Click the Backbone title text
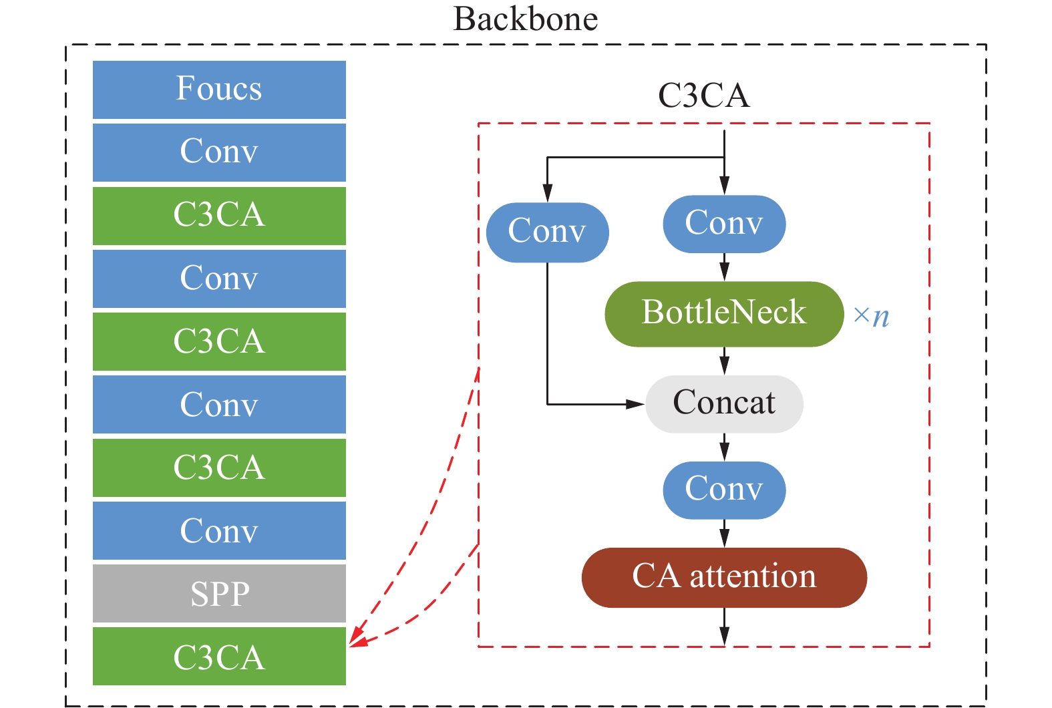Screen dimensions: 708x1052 click(x=525, y=19)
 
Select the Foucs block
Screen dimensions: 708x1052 click(x=219, y=90)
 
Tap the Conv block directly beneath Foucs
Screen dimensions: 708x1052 click(x=219, y=152)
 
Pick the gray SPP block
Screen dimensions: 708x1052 click(x=219, y=593)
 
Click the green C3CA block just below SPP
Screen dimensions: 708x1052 click(x=219, y=656)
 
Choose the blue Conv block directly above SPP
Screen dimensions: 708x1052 click(x=219, y=530)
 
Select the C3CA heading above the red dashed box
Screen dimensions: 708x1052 click(x=703, y=96)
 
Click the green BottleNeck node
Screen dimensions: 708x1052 click(x=724, y=313)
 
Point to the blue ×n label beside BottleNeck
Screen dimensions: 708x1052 click(x=871, y=315)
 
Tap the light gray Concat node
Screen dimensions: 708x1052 click(x=724, y=403)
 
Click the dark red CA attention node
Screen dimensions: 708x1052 click(x=724, y=577)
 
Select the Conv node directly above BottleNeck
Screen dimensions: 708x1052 click(x=724, y=224)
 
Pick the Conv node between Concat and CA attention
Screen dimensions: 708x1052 click(x=724, y=490)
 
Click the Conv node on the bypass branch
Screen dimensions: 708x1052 click(x=547, y=232)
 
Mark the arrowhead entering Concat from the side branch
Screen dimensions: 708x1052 click(x=635, y=404)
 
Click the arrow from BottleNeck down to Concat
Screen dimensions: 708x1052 click(x=724, y=361)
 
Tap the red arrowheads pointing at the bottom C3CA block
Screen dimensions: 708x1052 click(x=357, y=638)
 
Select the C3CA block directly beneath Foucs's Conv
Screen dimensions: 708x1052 click(x=219, y=215)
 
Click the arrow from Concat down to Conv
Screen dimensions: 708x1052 click(x=724, y=448)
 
